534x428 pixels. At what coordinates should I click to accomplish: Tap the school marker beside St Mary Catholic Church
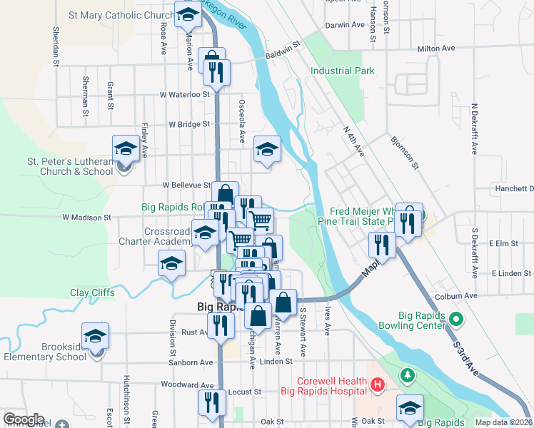click(188, 14)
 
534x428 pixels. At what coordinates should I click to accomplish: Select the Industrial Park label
click(343, 71)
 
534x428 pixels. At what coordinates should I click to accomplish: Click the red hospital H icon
click(378, 387)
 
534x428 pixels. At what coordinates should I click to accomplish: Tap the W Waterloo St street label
click(184, 93)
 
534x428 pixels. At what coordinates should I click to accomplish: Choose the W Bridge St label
click(189, 123)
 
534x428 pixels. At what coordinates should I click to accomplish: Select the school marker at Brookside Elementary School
click(95, 335)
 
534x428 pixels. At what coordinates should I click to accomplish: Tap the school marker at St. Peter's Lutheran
click(126, 149)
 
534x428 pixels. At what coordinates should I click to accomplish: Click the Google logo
click(24, 419)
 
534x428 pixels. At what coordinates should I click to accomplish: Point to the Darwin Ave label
click(344, 25)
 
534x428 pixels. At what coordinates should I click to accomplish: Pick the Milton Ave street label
click(435, 49)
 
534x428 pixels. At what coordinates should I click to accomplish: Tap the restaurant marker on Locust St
click(210, 402)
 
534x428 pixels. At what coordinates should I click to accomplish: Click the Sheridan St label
click(56, 47)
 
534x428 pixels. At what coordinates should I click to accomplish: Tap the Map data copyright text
click(503, 422)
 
